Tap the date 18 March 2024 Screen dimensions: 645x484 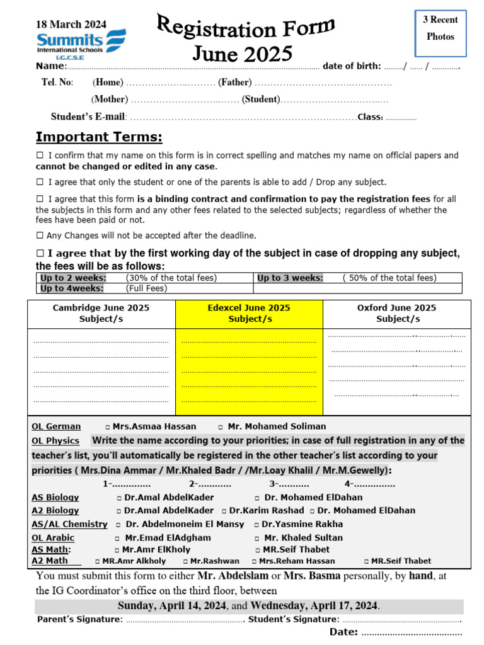[x=71, y=25]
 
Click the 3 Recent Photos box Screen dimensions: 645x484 [x=441, y=28]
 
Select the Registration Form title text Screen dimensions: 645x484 [x=245, y=28]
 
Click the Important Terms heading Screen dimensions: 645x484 [x=99, y=137]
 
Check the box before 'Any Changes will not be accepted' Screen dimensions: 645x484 [x=40, y=236]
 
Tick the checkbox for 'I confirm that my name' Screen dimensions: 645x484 [x=40, y=156]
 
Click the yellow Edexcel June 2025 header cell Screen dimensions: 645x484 [x=249, y=314]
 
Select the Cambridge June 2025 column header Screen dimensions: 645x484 [x=101, y=314]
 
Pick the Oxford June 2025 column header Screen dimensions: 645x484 [x=396, y=314]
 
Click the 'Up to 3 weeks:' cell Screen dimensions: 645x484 [x=290, y=278]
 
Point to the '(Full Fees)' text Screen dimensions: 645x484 [x=147, y=288]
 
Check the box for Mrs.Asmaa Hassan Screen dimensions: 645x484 [x=108, y=427]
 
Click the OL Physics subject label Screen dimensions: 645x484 [x=55, y=441]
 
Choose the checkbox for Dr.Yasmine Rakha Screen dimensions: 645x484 [x=257, y=525]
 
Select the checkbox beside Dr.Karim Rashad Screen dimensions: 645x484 [x=224, y=511]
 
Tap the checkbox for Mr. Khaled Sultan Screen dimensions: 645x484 [x=257, y=539]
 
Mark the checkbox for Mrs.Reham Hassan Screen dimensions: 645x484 [x=254, y=561]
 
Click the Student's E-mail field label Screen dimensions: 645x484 [x=88, y=117]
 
